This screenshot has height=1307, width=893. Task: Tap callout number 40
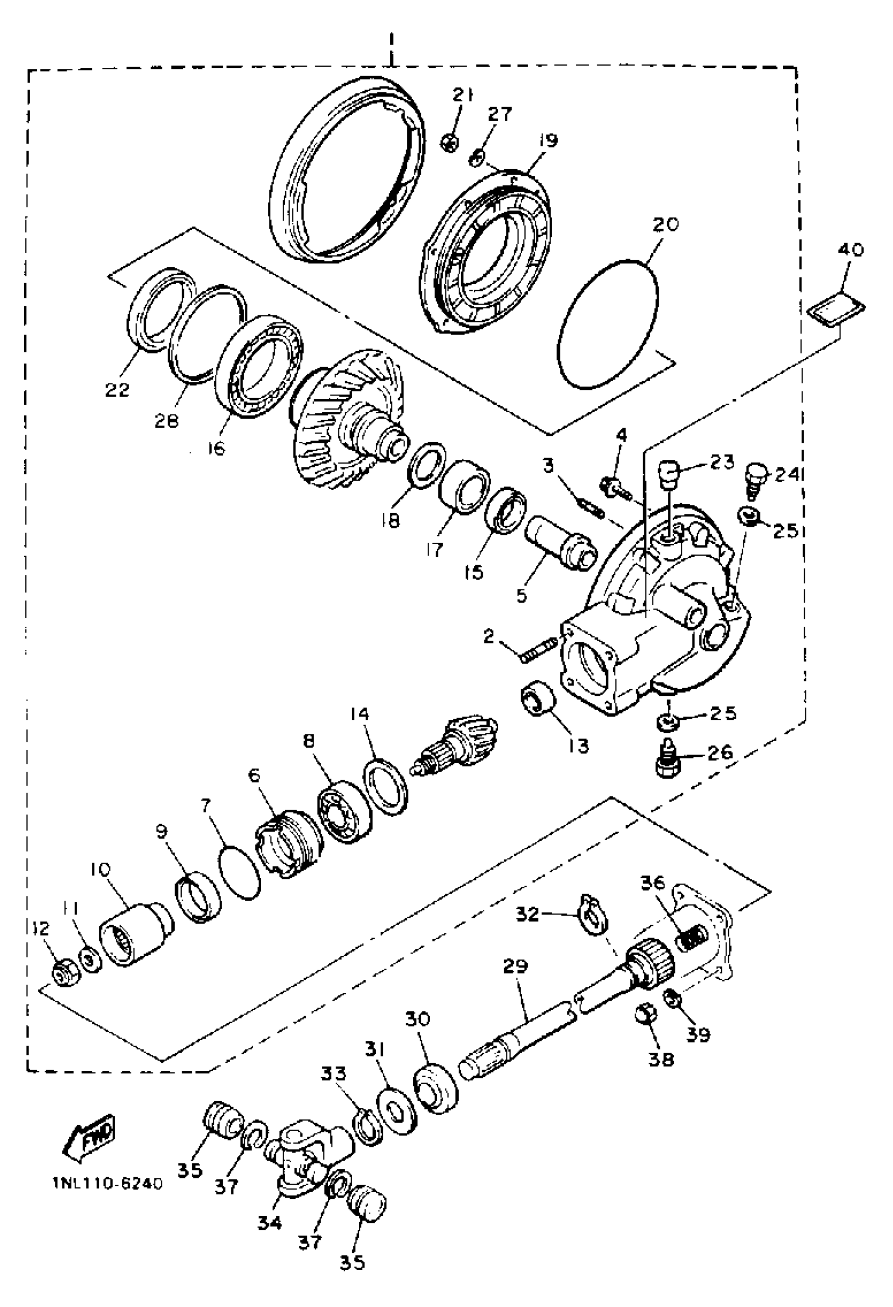(851, 249)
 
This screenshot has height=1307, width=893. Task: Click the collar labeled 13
(536, 698)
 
